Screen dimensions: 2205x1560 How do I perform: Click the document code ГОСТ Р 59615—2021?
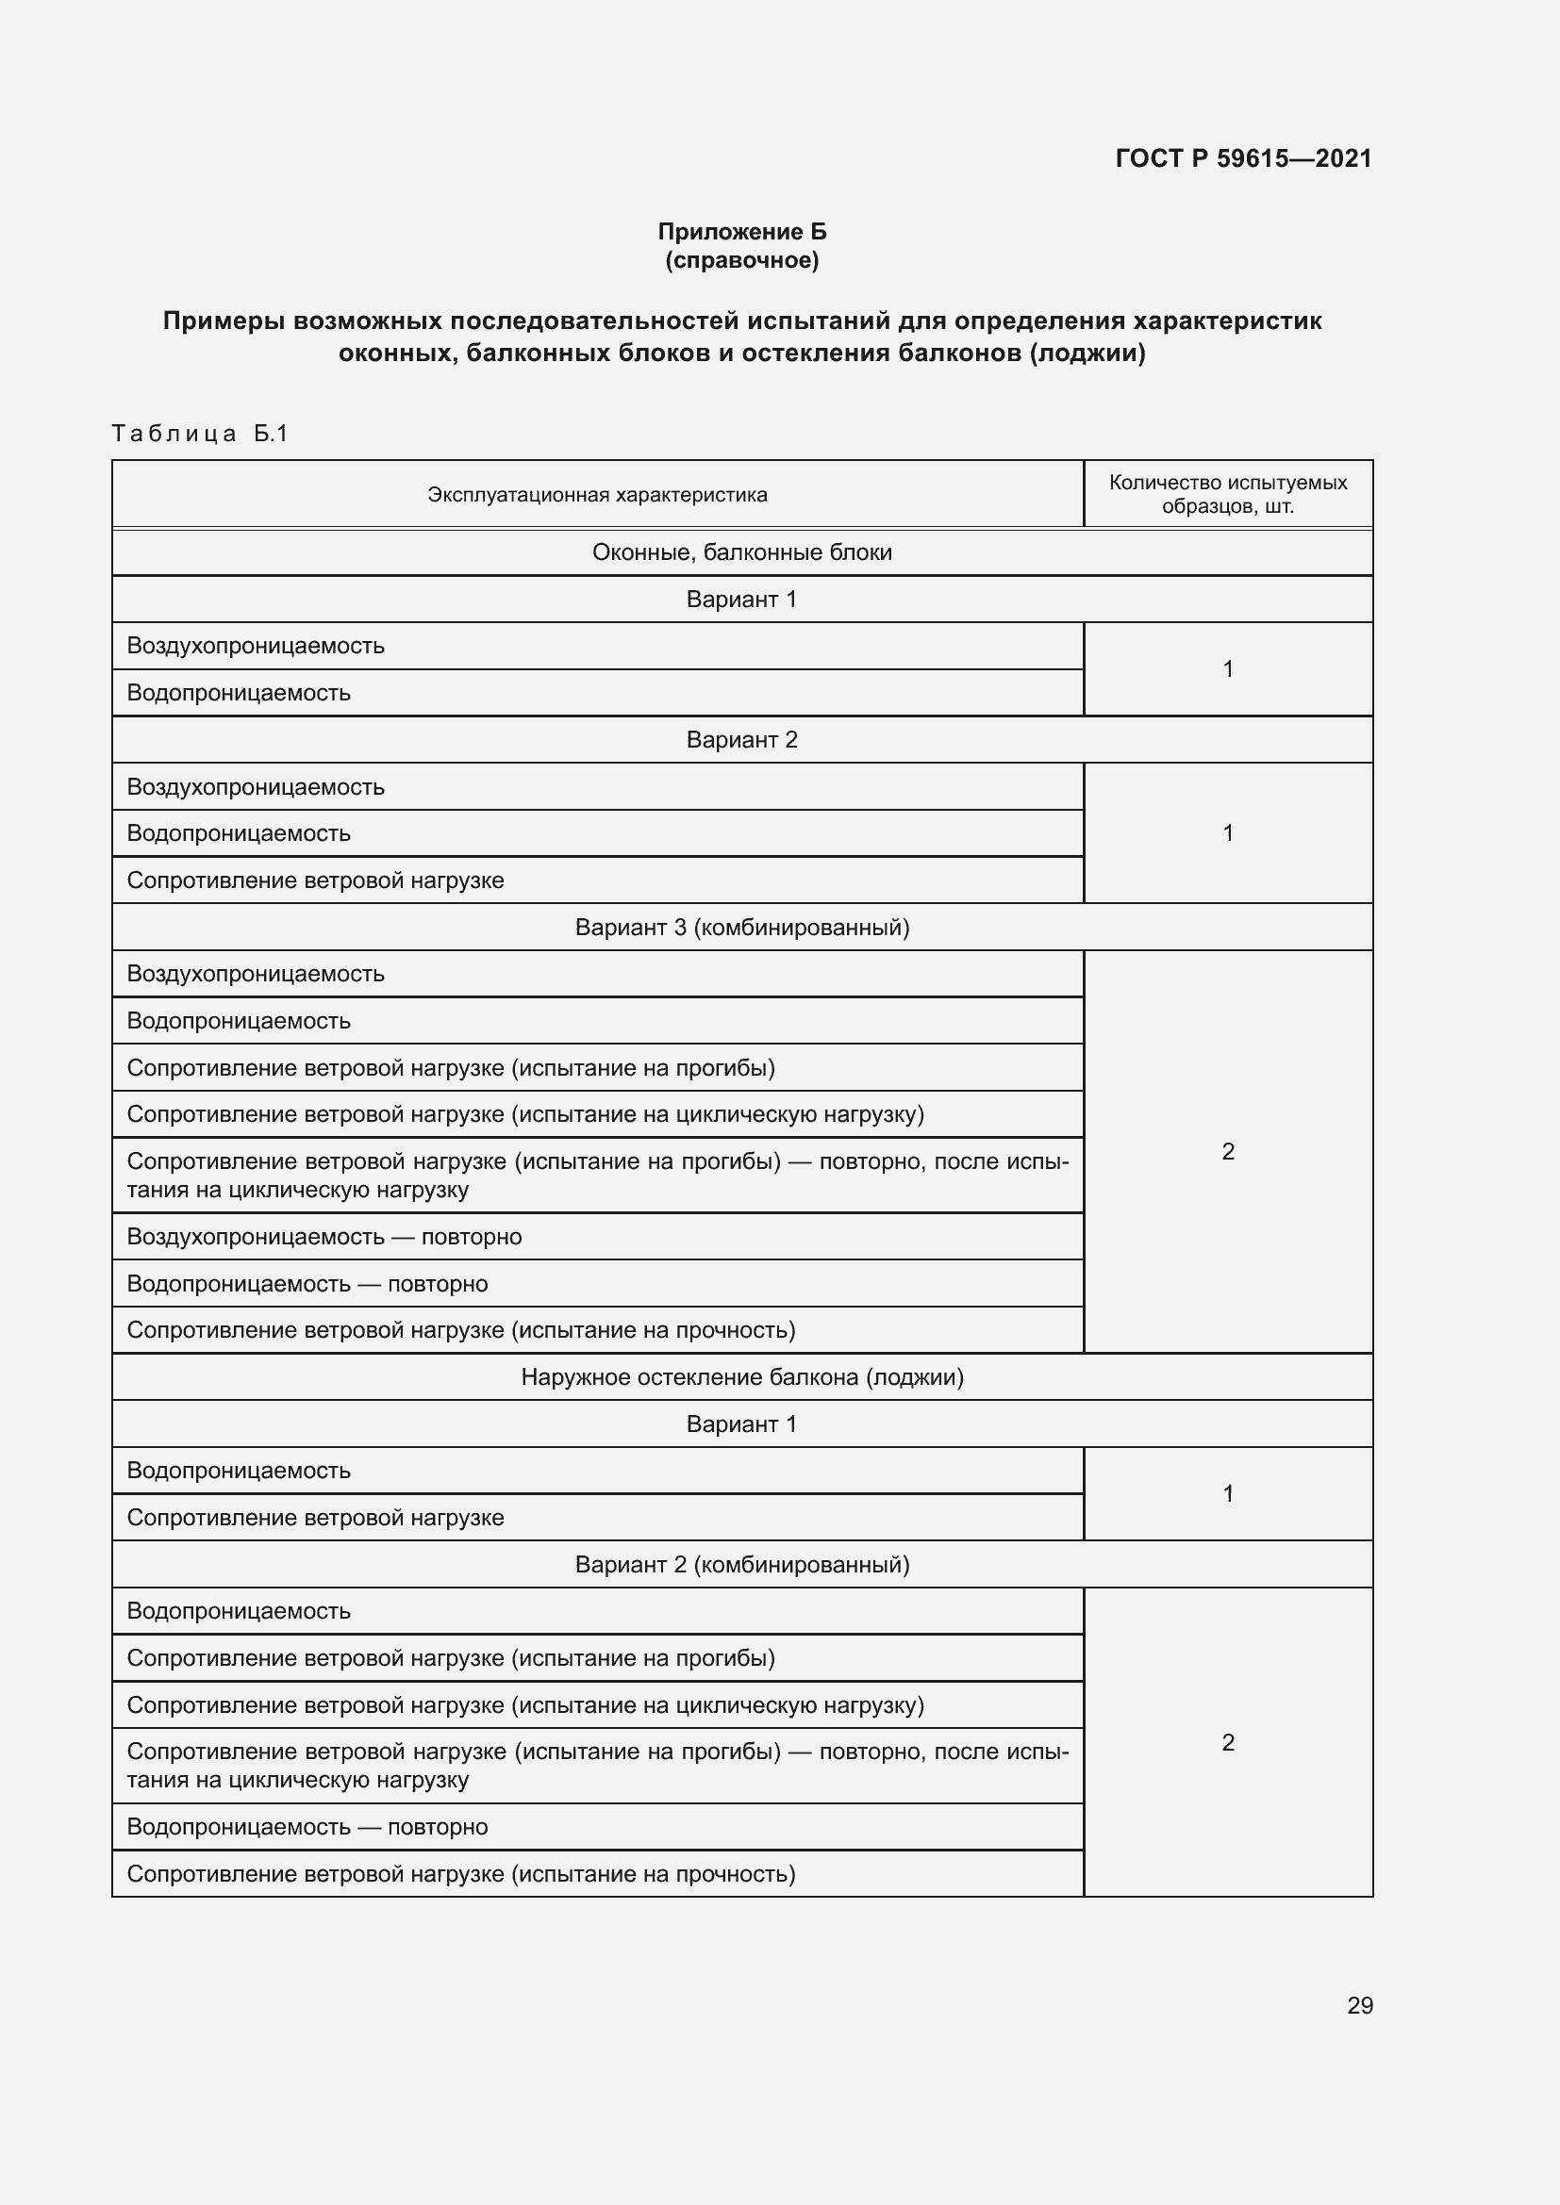pyautogui.click(x=1243, y=158)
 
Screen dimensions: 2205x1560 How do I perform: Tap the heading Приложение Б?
pyautogui.click(x=741, y=232)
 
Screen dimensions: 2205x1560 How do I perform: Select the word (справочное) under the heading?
pyautogui.click(x=741, y=260)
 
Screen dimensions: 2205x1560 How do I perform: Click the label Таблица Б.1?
pyautogui.click(x=200, y=433)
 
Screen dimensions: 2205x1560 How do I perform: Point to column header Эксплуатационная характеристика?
pyautogui.click(x=596, y=495)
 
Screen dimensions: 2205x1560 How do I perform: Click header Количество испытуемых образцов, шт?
pyautogui.click(x=1228, y=494)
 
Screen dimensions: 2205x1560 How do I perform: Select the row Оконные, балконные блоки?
pyautogui.click(x=741, y=552)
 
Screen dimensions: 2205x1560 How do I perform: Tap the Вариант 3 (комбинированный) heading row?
pyautogui.click(x=741, y=927)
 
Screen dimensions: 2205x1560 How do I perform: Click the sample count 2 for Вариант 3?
pyautogui.click(x=1228, y=1150)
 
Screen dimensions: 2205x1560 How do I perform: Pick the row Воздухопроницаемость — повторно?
pyautogui.click(x=324, y=1236)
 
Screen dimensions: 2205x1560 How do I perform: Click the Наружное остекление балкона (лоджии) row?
pyautogui.click(x=741, y=1376)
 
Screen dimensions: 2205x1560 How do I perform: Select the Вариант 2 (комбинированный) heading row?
pyautogui.click(x=741, y=1565)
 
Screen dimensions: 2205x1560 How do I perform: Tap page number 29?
pyautogui.click(x=1359, y=2005)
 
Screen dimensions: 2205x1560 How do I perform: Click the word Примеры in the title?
pyautogui.click(x=224, y=321)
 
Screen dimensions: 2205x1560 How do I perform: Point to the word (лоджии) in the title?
pyautogui.click(x=1087, y=354)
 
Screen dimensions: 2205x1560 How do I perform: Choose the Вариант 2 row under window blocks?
pyautogui.click(x=741, y=739)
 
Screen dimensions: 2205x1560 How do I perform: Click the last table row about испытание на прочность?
pyautogui.click(x=461, y=1874)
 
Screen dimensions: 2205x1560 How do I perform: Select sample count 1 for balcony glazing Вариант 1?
pyautogui.click(x=1228, y=1493)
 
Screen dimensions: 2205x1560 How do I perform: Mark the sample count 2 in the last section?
pyautogui.click(x=1228, y=1742)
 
